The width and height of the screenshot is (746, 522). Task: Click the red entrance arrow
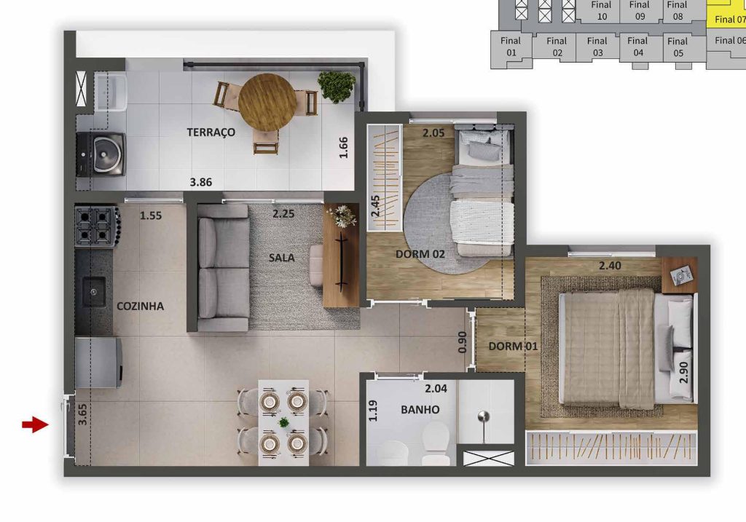(x=35, y=424)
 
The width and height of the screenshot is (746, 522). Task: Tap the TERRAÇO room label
(x=211, y=133)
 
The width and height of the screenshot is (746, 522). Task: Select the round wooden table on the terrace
(x=267, y=102)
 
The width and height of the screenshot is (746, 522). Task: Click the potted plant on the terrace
(x=337, y=86)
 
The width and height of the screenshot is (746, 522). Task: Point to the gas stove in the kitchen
(x=97, y=226)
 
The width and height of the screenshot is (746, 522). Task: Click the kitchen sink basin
(x=94, y=291)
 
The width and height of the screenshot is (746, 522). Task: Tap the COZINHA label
(x=141, y=307)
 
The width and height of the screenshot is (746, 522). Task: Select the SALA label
(x=282, y=258)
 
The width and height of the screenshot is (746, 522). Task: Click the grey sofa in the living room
(x=223, y=268)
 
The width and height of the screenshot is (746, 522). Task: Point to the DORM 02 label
(x=420, y=254)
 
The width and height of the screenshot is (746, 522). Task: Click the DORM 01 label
(x=513, y=346)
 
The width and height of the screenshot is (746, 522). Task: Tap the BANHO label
(x=420, y=409)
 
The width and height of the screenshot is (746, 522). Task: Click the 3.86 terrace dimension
(x=201, y=182)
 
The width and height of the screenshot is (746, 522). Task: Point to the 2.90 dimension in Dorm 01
(x=683, y=372)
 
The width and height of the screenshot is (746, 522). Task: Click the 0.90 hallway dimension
(x=462, y=342)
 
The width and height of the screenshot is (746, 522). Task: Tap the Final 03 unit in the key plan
(x=597, y=47)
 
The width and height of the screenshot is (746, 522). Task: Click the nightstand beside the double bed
(x=680, y=275)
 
